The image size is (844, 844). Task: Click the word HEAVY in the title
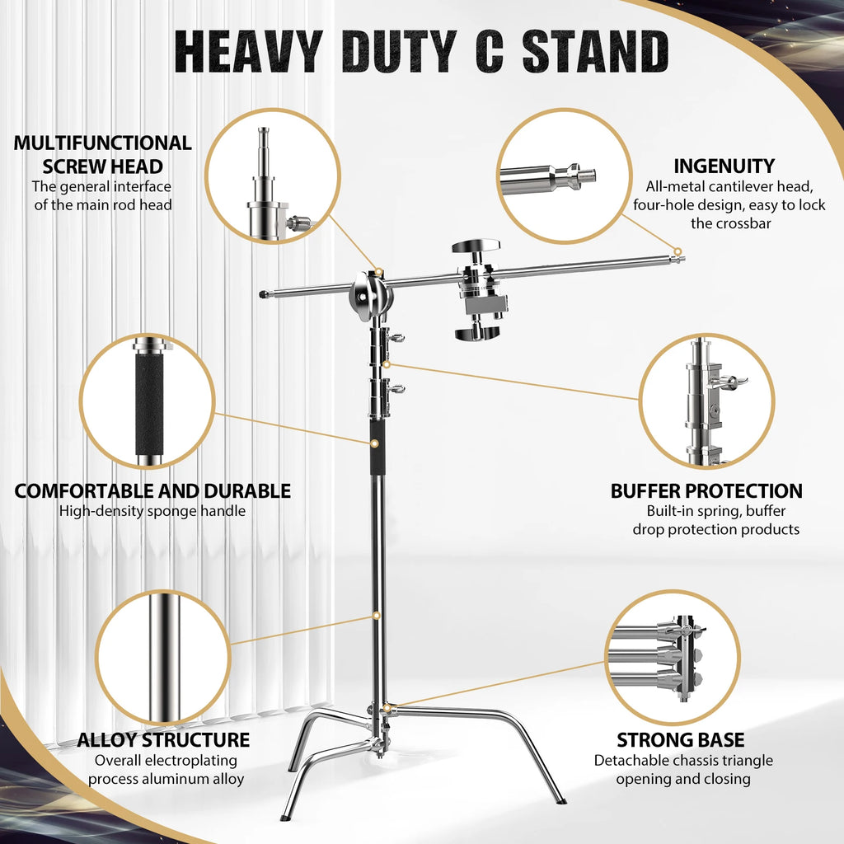(x=247, y=52)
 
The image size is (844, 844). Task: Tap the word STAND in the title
(x=595, y=52)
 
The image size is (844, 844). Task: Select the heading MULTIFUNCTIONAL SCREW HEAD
(x=102, y=154)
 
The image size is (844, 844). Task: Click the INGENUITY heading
(x=724, y=166)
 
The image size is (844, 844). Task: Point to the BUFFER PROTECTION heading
(x=706, y=491)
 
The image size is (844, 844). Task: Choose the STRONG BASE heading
(x=681, y=739)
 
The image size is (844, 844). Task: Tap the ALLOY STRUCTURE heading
(x=163, y=739)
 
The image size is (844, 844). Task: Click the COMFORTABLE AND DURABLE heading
(x=152, y=491)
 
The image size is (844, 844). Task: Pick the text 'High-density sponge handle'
(x=152, y=512)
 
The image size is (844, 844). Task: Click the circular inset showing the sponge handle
(x=148, y=400)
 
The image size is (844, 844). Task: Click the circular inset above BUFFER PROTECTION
(x=706, y=400)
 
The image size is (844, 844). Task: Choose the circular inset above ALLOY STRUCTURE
(x=163, y=658)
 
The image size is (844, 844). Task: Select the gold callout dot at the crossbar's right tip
(x=678, y=251)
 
